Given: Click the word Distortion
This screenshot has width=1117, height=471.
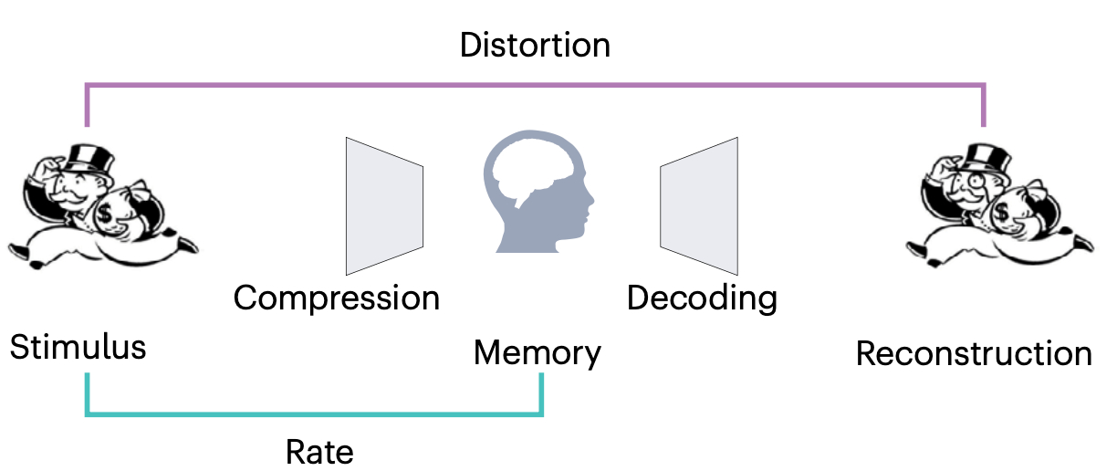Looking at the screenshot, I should pos(534,45).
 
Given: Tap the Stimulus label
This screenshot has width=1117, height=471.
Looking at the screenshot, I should pos(78,348).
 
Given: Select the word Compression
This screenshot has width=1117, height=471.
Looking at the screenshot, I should pos(336,298).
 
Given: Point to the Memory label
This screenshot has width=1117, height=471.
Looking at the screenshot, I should pos(537,352).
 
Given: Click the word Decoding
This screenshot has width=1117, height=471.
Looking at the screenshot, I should pos(702,298).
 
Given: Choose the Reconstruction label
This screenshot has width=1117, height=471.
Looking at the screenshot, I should pos(973,353).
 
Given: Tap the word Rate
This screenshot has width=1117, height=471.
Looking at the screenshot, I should pos(318,451).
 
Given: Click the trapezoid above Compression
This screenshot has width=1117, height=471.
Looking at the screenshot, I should pos(383,205).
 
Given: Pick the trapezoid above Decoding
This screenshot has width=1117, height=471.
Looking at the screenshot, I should pos(700,205).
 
